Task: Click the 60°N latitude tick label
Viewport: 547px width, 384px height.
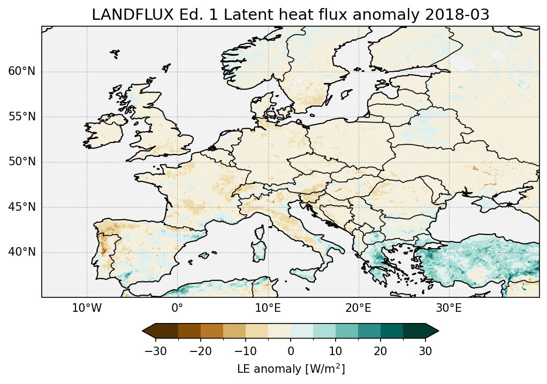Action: point(22,72)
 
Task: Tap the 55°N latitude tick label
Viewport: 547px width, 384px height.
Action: point(22,117)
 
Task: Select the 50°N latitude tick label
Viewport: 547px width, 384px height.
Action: point(22,162)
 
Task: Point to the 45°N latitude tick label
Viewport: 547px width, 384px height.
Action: point(22,207)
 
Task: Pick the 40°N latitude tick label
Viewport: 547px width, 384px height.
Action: point(22,252)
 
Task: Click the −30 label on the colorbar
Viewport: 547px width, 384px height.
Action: point(156,351)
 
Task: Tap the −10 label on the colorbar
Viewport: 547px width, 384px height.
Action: point(245,351)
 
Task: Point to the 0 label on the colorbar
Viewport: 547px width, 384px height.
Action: point(291,351)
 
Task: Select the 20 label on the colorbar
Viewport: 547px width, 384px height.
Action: point(381,351)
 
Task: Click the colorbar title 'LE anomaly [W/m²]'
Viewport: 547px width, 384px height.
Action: point(291,369)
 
